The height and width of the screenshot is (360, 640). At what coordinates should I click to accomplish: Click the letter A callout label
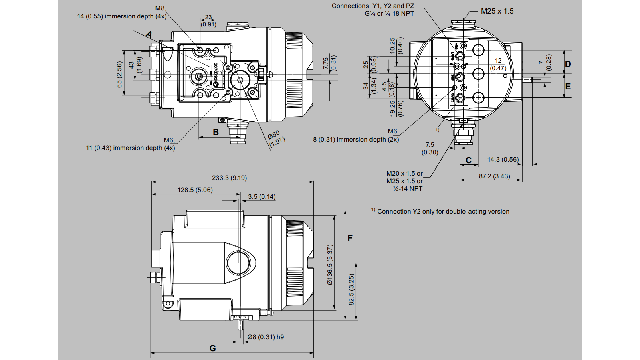click(149, 34)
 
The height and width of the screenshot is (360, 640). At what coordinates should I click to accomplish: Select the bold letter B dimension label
click(216, 132)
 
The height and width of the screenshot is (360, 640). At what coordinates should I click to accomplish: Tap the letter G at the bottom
click(212, 348)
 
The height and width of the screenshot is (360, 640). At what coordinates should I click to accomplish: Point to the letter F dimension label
click(350, 238)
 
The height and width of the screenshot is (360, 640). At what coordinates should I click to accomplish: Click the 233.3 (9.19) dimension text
click(229, 178)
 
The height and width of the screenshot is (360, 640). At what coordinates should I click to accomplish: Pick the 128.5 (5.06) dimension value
click(195, 190)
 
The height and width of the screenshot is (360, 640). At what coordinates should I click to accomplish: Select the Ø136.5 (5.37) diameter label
click(330, 265)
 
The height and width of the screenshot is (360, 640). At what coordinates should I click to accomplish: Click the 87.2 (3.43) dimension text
click(494, 176)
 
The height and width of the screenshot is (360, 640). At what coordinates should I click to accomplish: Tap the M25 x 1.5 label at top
click(497, 11)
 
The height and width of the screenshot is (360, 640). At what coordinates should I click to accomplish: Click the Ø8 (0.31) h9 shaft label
click(265, 337)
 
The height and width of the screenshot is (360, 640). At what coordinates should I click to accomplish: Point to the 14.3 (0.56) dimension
click(503, 159)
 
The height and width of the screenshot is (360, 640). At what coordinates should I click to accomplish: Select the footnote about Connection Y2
click(441, 211)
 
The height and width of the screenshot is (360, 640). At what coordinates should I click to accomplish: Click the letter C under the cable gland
click(468, 160)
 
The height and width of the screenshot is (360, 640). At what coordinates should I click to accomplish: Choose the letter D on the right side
click(567, 64)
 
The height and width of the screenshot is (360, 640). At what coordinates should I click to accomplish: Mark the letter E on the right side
click(567, 86)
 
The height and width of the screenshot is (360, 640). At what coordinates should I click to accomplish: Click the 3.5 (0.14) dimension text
click(261, 196)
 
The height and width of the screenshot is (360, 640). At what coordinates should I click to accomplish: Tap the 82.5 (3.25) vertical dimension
click(351, 289)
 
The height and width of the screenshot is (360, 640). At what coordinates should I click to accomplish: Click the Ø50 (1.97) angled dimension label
click(276, 138)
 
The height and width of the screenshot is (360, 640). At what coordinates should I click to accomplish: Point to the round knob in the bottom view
click(238, 263)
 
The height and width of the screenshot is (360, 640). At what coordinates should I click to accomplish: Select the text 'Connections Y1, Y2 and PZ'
click(373, 6)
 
